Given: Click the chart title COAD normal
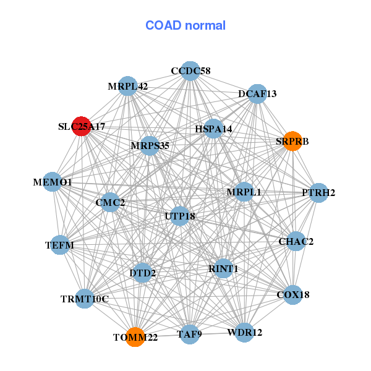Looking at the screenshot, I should pos(185,25).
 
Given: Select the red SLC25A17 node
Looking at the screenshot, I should pos(82,126).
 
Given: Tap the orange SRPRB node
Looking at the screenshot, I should pos(292,141).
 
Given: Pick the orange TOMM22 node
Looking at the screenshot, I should pos(135,337).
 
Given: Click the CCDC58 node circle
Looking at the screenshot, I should pos(191,71).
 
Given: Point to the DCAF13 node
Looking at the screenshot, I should pos(257,94).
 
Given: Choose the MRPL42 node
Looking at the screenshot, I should pos(129,87).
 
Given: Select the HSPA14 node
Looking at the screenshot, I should pos(213,129).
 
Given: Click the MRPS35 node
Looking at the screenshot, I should pos(150,146).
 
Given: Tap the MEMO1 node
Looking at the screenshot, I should pos(53,182).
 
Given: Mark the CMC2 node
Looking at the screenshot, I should pos(110,202).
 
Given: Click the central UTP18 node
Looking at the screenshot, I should pos(180,216).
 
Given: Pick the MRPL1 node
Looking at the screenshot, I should pos(244,192).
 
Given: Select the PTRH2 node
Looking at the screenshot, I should pos(318,193).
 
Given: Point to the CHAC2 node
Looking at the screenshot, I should pos(296,241).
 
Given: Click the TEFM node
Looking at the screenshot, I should pos(60,245).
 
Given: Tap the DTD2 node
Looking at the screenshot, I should pos(143,273).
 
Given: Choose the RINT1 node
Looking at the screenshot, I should pos(223,268).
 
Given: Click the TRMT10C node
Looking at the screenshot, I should pos(85,299).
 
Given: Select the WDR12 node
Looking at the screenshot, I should pos(245,332).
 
